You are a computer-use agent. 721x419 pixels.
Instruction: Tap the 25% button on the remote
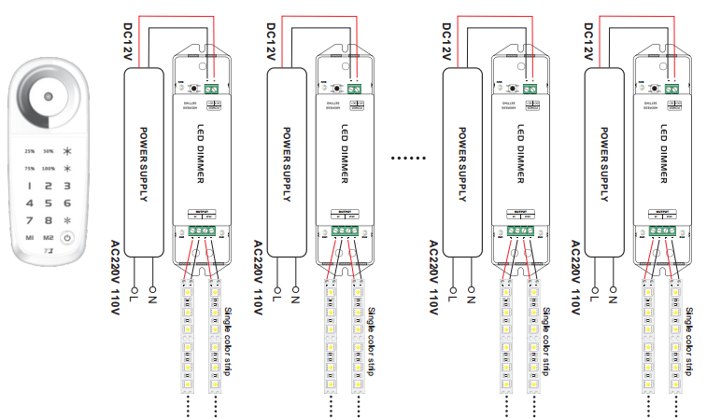coord(30,150)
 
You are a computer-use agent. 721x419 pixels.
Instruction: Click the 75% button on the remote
coord(30,168)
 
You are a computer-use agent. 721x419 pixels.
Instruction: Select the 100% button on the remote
coord(49,168)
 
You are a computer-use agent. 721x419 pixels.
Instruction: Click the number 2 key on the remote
coord(49,186)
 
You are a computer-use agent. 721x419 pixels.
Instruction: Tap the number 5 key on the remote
coord(49,203)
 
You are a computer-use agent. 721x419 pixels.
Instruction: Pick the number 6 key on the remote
coord(66,203)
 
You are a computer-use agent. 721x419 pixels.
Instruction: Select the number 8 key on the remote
coord(49,220)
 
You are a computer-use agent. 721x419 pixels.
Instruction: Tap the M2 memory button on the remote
coord(49,238)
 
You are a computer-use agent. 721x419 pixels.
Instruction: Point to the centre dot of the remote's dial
coord(49,96)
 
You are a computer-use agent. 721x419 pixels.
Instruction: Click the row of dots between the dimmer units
coord(407,159)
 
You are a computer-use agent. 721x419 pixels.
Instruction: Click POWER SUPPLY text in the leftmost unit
coord(144,162)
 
